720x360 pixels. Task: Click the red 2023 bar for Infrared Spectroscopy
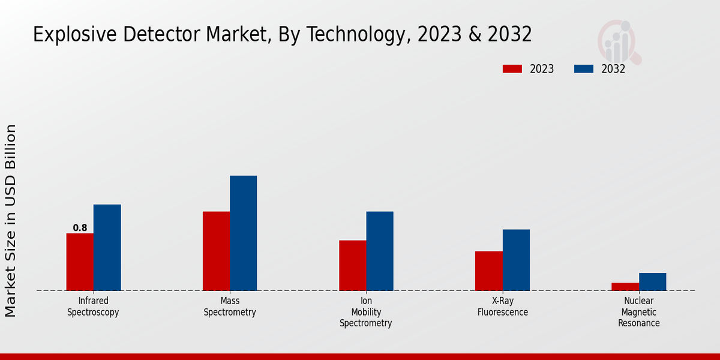(80, 262)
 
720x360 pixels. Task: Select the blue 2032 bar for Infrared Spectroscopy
(107, 247)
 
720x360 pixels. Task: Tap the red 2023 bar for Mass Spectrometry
(216, 251)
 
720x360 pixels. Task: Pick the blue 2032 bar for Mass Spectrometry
(243, 233)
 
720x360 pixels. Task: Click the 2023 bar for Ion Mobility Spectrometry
(352, 265)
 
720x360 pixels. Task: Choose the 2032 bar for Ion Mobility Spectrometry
(380, 251)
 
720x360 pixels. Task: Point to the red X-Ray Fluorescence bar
(488, 271)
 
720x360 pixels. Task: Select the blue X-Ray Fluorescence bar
(516, 260)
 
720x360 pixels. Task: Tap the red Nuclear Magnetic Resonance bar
(625, 286)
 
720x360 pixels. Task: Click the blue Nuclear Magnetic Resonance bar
(652, 281)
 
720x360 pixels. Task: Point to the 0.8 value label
(80, 228)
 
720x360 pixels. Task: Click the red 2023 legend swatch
(512, 69)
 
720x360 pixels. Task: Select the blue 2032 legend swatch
(583, 69)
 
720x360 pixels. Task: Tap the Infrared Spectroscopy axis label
(93, 307)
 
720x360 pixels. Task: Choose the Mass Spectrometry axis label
(230, 307)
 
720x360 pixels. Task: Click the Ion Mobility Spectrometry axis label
(366, 312)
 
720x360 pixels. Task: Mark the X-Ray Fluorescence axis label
(503, 307)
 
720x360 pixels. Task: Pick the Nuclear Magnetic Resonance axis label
(639, 312)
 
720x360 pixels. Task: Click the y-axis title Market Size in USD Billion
(11, 220)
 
